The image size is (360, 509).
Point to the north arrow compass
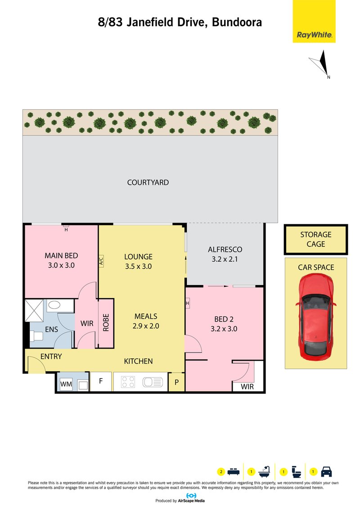[320, 64]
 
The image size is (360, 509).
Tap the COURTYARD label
[148, 183]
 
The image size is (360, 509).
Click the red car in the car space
[315, 317]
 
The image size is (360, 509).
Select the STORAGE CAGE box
[316, 239]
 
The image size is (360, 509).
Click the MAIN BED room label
[61, 256]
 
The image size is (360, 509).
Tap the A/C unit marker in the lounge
[101, 261]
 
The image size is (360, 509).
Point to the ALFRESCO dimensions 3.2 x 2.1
[225, 259]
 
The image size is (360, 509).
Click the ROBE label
[106, 323]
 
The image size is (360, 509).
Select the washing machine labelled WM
[66, 384]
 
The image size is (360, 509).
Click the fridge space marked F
[101, 381]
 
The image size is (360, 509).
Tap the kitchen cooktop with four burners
[128, 382]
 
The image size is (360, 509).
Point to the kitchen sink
[153, 382]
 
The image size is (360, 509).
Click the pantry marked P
[176, 382]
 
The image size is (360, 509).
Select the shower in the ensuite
[34, 311]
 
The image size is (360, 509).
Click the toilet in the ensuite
[36, 335]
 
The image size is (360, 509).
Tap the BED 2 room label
[224, 319]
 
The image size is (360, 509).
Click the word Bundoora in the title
[237, 22]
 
